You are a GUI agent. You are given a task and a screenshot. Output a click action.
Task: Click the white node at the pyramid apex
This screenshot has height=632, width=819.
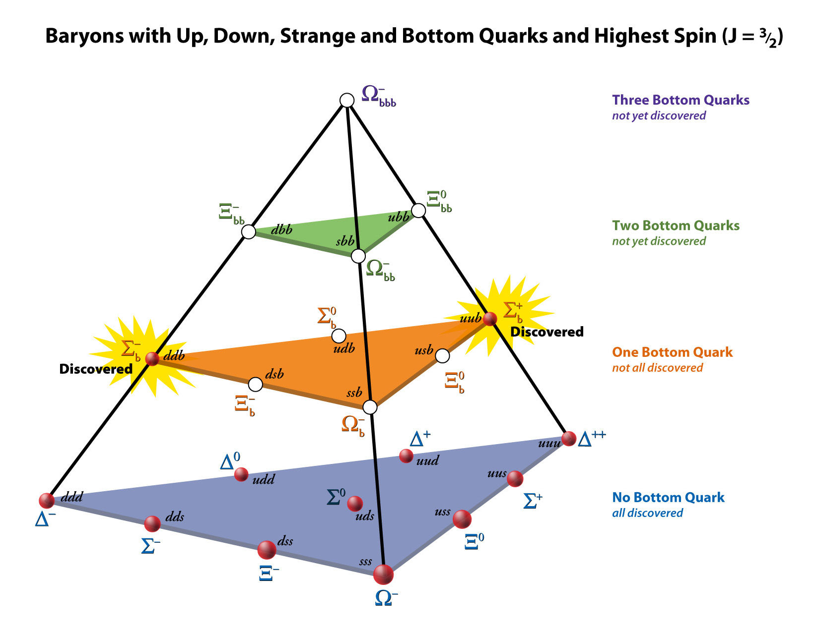[347, 101]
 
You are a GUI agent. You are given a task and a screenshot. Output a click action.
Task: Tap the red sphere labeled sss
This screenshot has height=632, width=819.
[383, 575]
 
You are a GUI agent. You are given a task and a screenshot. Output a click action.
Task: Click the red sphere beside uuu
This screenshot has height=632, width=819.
[569, 439]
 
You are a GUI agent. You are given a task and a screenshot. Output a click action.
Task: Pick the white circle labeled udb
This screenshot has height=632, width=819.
[339, 336]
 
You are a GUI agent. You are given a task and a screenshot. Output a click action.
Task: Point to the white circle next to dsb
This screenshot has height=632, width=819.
[256, 385]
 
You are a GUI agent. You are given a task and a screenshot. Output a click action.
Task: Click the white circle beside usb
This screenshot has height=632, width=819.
[442, 355]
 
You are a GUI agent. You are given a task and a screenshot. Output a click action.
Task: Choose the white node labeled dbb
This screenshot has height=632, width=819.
[248, 232]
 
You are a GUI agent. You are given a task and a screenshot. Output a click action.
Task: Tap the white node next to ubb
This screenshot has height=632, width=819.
[418, 210]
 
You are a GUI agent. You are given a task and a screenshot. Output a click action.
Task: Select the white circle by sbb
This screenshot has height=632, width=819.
[358, 256]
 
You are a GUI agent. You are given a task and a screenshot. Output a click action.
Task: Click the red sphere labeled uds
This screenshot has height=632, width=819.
[355, 504]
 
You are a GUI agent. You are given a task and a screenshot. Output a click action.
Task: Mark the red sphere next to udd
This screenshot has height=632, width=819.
[241, 474]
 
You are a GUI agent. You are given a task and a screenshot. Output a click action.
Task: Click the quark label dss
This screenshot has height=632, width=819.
[285, 541]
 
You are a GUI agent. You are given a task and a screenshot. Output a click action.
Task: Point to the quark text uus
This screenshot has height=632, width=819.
[497, 473]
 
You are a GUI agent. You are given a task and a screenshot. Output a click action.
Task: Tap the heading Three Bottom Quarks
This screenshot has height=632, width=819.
[681, 100]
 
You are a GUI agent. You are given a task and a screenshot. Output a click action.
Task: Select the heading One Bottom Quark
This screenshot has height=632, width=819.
[673, 352]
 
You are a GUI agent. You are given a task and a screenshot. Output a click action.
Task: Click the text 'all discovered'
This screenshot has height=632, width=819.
[648, 513]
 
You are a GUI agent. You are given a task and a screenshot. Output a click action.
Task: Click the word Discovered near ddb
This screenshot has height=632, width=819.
[96, 369]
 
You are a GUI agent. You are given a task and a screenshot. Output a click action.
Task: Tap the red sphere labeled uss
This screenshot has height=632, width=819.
[462, 519]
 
